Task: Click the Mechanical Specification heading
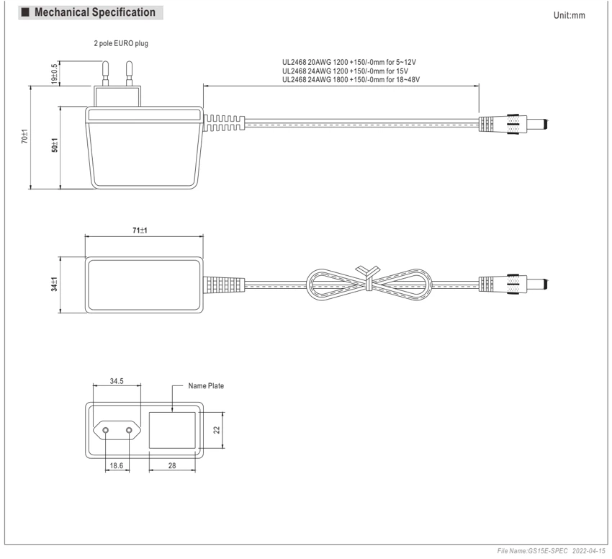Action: click(x=95, y=12)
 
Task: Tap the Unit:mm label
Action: click(x=569, y=16)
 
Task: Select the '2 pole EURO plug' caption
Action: click(x=121, y=43)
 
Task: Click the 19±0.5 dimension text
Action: click(x=54, y=73)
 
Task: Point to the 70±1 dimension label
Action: click(x=24, y=136)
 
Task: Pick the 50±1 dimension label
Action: click(x=55, y=145)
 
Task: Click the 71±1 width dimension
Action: click(x=140, y=231)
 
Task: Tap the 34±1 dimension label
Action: click(x=54, y=284)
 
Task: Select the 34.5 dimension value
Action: click(x=117, y=381)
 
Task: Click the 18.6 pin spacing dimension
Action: click(x=117, y=465)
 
